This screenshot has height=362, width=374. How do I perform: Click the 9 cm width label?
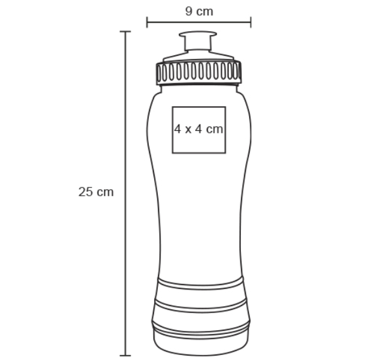[x=199, y=11]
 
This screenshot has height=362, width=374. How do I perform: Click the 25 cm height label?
[x=96, y=192]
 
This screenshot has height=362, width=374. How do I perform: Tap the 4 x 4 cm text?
[x=198, y=130]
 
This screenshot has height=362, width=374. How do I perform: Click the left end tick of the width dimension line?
[x=147, y=22]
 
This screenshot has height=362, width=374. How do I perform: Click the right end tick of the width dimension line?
[x=250, y=22]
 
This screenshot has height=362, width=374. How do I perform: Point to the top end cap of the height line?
[x=126, y=31]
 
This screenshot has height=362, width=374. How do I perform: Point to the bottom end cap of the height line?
[x=126, y=356]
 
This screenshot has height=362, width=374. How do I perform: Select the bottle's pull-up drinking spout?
[x=198, y=41]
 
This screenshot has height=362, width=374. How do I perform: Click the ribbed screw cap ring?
[x=198, y=72]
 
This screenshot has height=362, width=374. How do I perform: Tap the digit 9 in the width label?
[x=189, y=11]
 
